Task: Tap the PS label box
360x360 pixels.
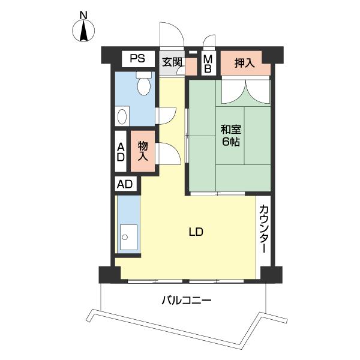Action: tap(137, 59)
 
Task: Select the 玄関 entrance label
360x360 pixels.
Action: tap(173, 61)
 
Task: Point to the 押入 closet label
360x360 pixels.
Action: tap(244, 62)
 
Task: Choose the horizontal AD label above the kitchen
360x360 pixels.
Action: tap(125, 184)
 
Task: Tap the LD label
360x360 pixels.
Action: tap(196, 232)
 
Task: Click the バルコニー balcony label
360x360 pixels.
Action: tap(186, 299)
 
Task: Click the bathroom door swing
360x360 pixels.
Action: tap(167, 115)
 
